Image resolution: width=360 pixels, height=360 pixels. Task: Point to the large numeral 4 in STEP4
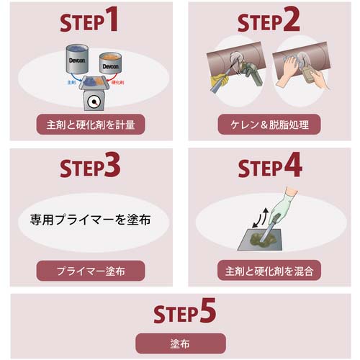[291, 167]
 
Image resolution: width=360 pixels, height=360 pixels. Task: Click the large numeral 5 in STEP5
[206, 312]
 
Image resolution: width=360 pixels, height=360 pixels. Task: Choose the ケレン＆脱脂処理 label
[269, 124]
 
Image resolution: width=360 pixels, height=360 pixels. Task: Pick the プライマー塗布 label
[90, 271]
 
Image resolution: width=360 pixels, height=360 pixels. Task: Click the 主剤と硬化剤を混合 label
[269, 271]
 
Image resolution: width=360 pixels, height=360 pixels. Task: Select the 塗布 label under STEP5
[180, 343]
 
